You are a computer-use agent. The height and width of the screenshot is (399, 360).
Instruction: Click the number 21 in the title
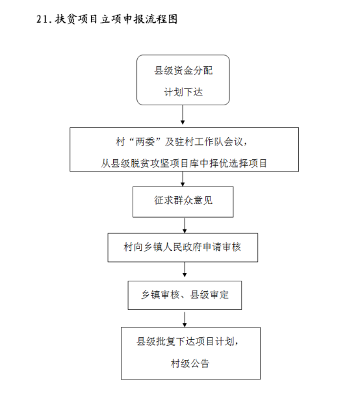coord(42,19)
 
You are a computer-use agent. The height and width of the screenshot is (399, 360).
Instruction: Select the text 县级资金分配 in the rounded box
coord(183,71)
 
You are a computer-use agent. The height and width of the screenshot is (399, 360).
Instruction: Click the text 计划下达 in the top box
coord(183,92)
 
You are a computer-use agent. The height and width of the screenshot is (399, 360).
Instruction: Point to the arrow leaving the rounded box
coord(183,115)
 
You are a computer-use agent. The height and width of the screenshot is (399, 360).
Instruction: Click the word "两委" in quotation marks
coord(145,142)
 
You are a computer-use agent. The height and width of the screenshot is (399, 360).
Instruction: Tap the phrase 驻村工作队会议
coord(209,142)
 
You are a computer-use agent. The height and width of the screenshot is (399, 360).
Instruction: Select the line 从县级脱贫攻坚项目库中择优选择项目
coord(184,163)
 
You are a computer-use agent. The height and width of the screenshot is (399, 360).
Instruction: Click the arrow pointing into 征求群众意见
coord(183,179)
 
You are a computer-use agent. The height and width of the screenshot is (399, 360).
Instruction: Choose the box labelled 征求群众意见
coord(183,202)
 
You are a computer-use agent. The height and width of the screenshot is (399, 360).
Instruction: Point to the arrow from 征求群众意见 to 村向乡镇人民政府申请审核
coord(185,225)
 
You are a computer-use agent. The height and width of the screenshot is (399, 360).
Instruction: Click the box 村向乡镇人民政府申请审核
coord(183,248)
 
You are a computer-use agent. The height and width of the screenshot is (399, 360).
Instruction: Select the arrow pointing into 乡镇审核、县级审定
coord(185,270)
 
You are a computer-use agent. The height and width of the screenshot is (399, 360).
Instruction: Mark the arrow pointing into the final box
coord(185,319)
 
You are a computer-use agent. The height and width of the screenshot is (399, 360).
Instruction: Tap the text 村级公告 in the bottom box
coord(190,363)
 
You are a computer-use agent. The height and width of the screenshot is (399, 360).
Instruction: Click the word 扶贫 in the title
coord(65,19)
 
